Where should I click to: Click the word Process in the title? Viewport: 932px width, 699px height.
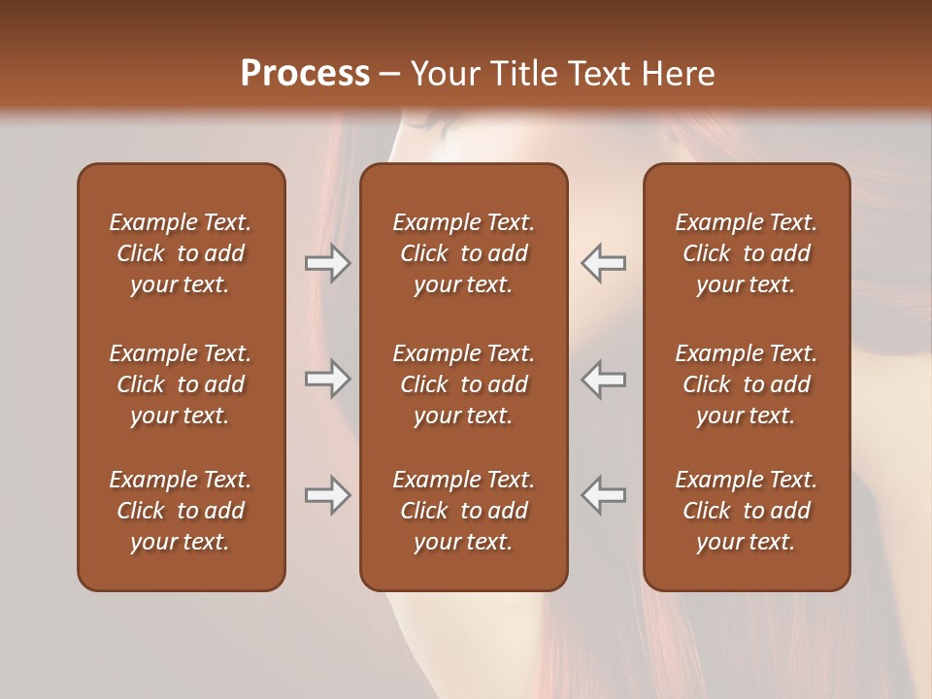tap(305, 74)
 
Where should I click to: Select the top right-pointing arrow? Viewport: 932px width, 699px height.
tap(327, 263)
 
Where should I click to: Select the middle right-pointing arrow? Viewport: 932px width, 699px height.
tap(327, 379)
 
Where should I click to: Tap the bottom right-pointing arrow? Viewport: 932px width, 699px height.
tap(327, 495)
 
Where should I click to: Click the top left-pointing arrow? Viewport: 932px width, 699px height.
tap(603, 263)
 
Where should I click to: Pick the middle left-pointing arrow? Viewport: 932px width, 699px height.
tap(603, 379)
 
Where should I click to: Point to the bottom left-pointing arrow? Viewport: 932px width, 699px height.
tap(603, 495)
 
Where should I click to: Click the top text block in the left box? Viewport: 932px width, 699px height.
tap(181, 253)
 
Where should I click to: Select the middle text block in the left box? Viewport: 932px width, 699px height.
tap(181, 384)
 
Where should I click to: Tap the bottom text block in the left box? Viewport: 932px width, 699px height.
tap(181, 511)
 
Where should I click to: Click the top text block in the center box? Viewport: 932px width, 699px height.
tap(463, 253)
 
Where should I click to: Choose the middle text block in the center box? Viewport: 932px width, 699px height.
tap(463, 384)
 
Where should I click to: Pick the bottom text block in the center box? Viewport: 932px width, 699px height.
tap(463, 511)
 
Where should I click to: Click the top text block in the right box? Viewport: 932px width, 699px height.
tap(746, 253)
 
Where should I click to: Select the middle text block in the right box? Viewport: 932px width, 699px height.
tap(746, 384)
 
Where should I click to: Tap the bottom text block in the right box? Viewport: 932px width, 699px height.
tap(746, 511)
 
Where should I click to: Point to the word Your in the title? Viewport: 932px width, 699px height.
tap(444, 74)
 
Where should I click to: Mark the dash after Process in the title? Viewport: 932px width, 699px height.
tap(389, 75)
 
